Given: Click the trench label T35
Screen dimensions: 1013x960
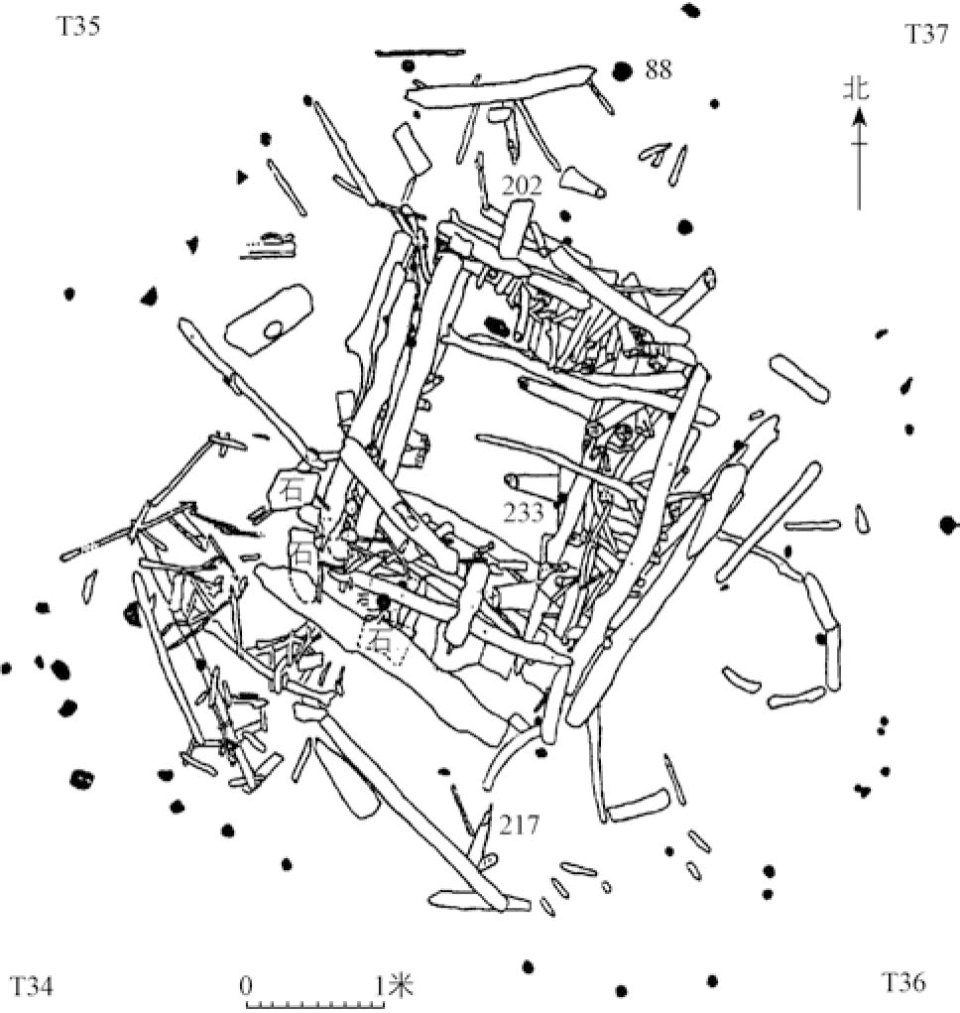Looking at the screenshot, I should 76,26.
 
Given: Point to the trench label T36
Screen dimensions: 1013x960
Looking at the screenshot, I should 903,982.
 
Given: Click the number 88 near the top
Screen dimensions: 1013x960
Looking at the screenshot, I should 660,69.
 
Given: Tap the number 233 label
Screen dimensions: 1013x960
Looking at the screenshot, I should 523,512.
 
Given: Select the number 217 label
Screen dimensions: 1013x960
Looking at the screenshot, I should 520,823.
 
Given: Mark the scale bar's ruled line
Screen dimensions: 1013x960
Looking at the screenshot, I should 314,1004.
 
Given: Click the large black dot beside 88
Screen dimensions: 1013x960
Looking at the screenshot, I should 622,71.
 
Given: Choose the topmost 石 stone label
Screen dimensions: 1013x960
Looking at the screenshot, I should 292,488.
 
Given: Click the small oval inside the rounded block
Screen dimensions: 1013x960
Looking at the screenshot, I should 273,330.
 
